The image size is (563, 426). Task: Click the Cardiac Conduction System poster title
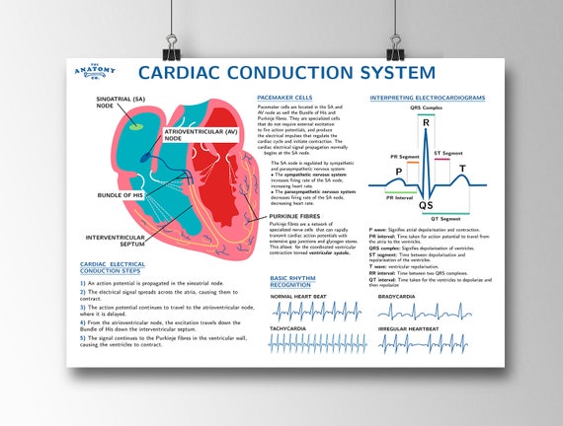click(x=285, y=72)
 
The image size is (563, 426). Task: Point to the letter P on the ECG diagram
click(x=398, y=172)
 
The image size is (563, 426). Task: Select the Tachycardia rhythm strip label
click(x=288, y=327)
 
